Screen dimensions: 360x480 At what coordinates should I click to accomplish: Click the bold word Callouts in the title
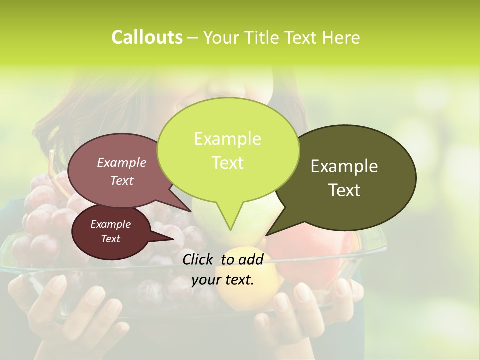pos(147,37)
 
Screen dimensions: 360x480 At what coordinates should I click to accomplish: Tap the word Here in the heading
pos(341,37)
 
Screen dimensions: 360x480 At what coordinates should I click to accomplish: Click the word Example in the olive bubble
pos(344,166)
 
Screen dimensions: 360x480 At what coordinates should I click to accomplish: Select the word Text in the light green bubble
pos(228,163)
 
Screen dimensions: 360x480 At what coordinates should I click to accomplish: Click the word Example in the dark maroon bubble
pos(110,224)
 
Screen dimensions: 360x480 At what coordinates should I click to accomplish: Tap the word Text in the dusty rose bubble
pos(122,180)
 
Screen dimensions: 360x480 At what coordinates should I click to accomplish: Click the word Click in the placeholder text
pos(198,259)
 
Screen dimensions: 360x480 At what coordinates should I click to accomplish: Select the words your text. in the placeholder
pos(223,280)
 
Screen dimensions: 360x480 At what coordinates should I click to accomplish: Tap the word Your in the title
pos(221,37)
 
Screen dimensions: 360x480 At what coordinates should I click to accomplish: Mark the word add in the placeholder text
pos(251,259)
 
